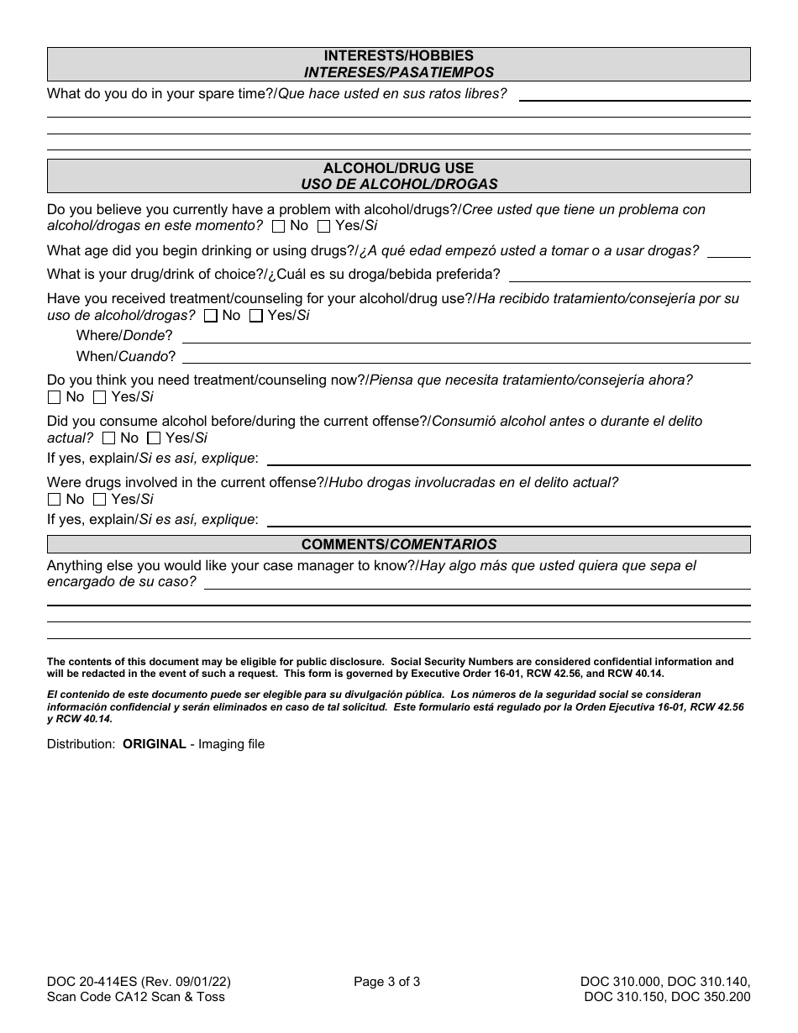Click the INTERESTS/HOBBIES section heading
pyautogui.click(x=398, y=56)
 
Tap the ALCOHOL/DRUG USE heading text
pyautogui.click(x=398, y=168)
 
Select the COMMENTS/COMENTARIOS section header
pyautogui.click(x=398, y=544)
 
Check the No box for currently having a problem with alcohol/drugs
pyautogui.click(x=279, y=226)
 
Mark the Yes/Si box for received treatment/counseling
pyautogui.click(x=256, y=316)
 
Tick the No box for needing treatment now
pyautogui.click(x=55, y=397)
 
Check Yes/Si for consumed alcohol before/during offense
pyautogui.click(x=154, y=438)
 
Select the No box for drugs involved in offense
pyautogui.click(x=55, y=500)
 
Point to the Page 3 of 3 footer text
pyautogui.click(x=386, y=981)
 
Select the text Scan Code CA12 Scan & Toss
pyautogui.click(x=135, y=997)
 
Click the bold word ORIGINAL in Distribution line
pyautogui.click(x=155, y=744)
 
